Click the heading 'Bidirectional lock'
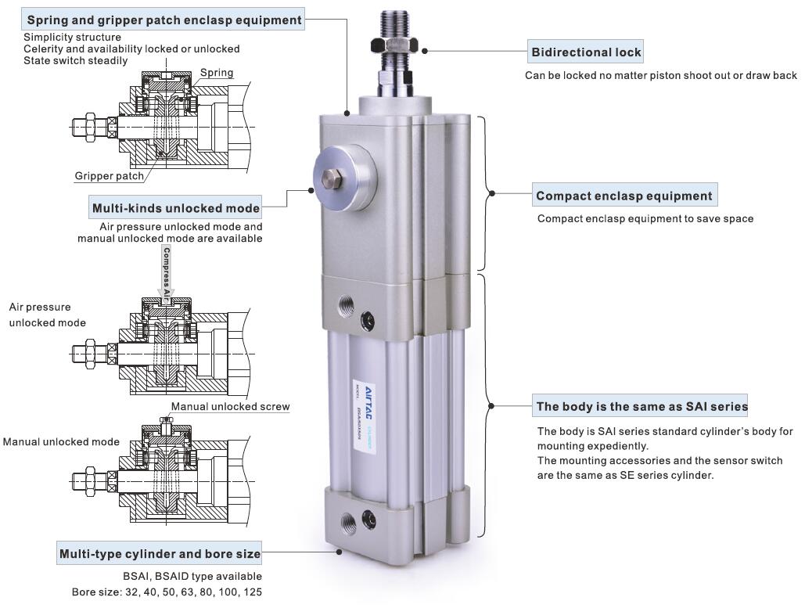click(586, 52)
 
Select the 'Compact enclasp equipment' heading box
click(624, 196)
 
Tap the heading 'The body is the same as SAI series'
click(641, 406)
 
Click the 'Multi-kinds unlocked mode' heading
click(175, 208)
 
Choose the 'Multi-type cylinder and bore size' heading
click(160, 553)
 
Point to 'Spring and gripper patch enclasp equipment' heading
click(164, 20)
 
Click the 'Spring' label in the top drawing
click(217, 73)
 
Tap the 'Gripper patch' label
click(110, 176)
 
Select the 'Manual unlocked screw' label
click(230, 406)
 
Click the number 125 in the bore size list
click(252, 592)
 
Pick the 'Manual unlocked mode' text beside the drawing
click(61, 441)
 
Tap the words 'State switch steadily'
click(75, 60)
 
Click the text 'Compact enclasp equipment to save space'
click(645, 218)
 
